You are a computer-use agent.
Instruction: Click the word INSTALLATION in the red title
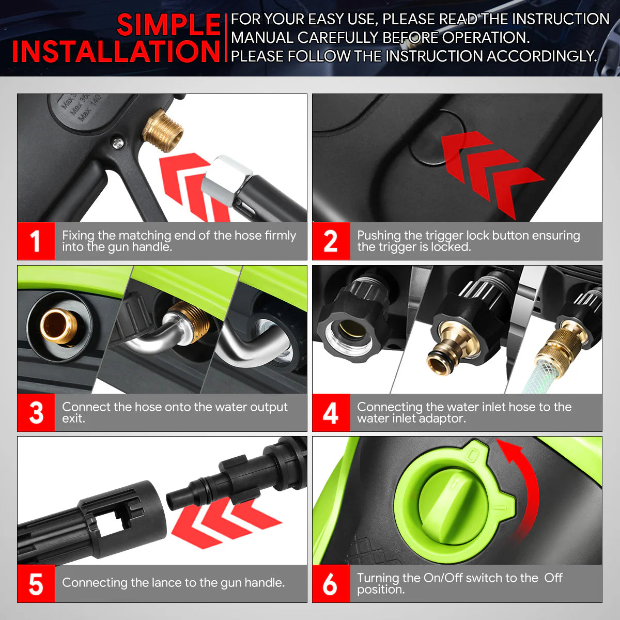click(116, 51)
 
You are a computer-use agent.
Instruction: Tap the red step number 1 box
click(36, 241)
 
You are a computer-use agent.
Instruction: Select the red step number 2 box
click(331, 241)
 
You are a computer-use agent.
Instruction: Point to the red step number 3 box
click(36, 412)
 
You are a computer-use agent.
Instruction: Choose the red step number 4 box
click(331, 412)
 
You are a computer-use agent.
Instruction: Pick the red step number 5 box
click(36, 584)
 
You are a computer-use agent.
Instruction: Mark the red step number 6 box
click(331, 584)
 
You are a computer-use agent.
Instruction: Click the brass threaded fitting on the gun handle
click(163, 130)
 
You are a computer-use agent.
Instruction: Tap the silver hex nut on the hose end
click(227, 179)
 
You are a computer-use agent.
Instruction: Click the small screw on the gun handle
click(118, 142)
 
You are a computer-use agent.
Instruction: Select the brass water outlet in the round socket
click(59, 326)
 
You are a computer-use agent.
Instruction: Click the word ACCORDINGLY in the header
click(542, 56)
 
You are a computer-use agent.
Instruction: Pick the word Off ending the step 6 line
click(553, 578)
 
